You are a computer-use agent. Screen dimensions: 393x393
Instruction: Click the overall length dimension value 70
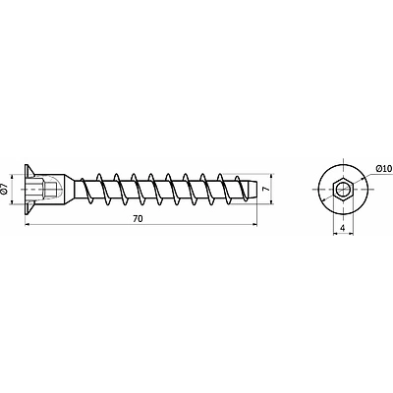138,219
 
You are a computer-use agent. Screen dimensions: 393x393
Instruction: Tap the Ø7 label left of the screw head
4,190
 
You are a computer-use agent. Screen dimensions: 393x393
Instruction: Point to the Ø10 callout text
383,169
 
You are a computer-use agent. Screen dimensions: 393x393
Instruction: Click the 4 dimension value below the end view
343,228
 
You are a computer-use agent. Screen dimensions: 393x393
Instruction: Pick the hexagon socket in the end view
343,189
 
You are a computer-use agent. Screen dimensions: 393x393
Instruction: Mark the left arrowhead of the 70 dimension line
28,224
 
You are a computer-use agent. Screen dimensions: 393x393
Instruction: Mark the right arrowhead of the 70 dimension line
254,224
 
